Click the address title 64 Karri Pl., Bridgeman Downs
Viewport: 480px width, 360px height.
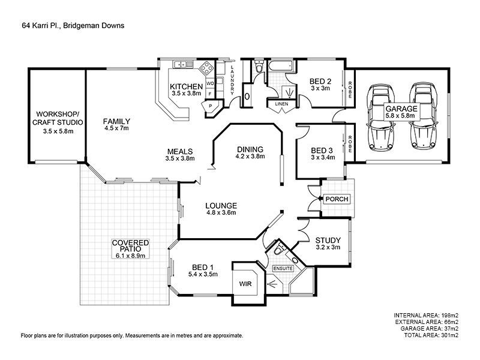pyautogui.click(x=73, y=26)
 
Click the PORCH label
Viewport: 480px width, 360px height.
pyautogui.click(x=337, y=199)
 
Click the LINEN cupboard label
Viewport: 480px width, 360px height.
pyautogui.click(x=281, y=104)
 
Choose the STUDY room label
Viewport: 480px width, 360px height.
pyautogui.click(x=328, y=240)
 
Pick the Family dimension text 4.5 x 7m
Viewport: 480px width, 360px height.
pyautogui.click(x=116, y=128)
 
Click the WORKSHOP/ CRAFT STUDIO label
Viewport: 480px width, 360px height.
pyautogui.click(x=58, y=118)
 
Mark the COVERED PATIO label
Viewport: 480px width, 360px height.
pyautogui.click(x=130, y=246)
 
